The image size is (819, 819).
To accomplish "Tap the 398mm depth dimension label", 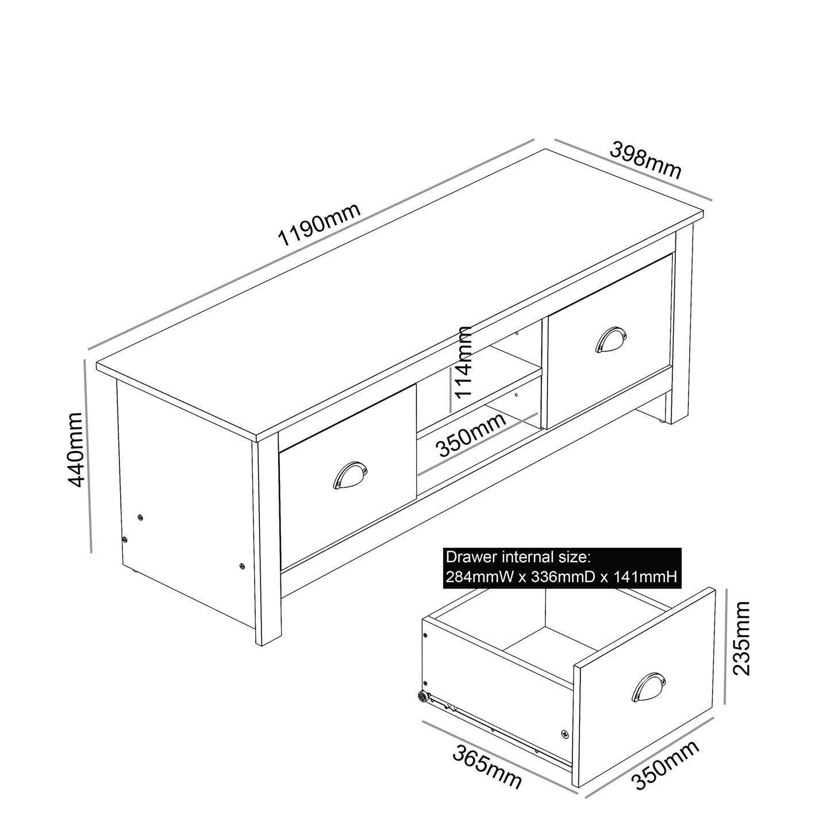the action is coord(646,160).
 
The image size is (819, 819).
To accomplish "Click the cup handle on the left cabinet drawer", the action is coord(350,476).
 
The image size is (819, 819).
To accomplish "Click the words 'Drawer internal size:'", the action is coord(517,557).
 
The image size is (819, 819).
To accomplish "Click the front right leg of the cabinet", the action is coord(681,324).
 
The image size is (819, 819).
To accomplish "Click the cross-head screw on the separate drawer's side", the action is coord(564,733).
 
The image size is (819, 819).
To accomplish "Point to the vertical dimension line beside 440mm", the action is coord(88,456).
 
